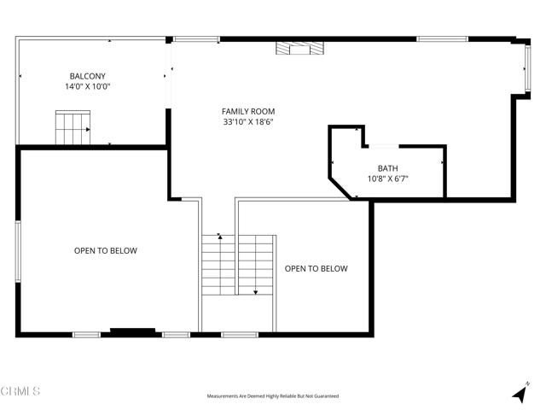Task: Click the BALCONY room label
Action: (88, 75)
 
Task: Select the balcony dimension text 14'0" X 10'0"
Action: (88, 86)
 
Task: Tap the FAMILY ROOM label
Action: (248, 111)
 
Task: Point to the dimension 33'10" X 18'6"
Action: (248, 122)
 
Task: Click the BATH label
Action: (386, 167)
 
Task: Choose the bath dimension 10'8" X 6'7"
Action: (386, 179)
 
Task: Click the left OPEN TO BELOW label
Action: (105, 251)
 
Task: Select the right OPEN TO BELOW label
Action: (316, 268)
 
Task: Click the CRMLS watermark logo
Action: (20, 392)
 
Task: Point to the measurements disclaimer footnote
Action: (272, 396)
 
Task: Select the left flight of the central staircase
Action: (218, 265)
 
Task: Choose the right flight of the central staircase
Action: (255, 265)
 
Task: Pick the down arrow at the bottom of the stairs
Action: (255, 290)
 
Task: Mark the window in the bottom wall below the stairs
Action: (240, 334)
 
